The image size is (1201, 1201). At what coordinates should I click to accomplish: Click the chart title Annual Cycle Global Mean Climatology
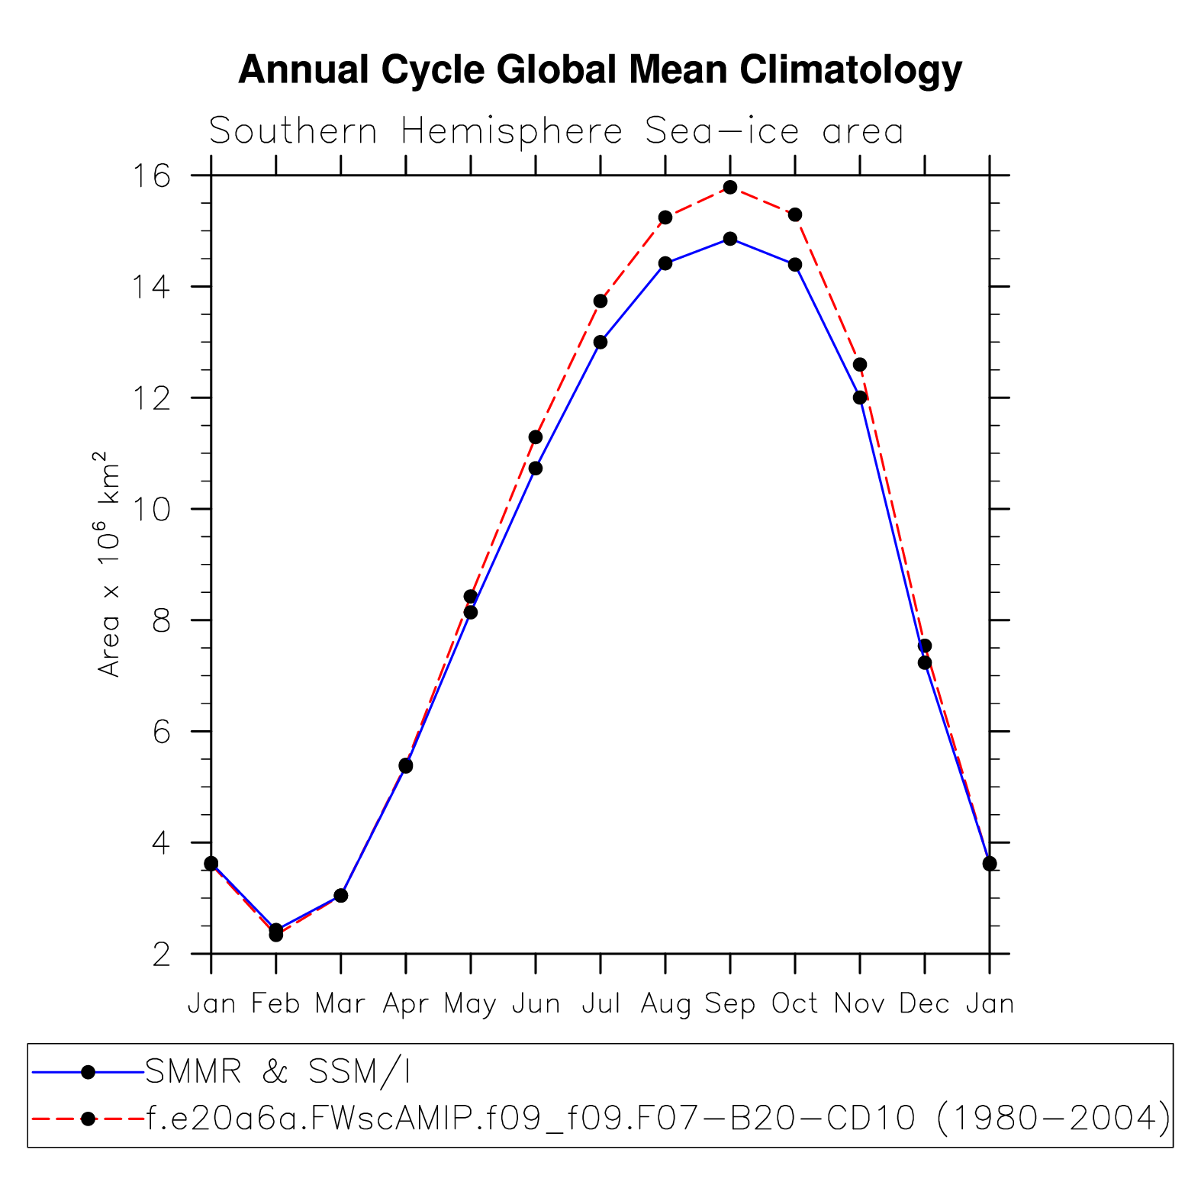pyautogui.click(x=600, y=70)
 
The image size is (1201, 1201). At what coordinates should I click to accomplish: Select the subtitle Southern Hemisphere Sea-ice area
pyautogui.click(x=556, y=131)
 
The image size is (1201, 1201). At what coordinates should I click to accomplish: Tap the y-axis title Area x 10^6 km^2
pyautogui.click(x=109, y=564)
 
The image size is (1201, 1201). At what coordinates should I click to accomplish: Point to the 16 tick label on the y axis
pyautogui.click(x=152, y=176)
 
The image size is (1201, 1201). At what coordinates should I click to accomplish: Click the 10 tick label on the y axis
pyautogui.click(x=152, y=510)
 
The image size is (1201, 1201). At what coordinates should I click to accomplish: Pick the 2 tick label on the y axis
pyautogui.click(x=162, y=955)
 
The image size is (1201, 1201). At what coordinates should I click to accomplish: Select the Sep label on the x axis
pyautogui.click(x=729, y=1004)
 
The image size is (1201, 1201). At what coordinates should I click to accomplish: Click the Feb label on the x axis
pyautogui.click(x=275, y=1004)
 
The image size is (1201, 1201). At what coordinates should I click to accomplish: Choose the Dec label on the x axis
pyautogui.click(x=924, y=1004)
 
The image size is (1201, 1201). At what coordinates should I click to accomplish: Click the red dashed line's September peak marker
pyautogui.click(x=730, y=187)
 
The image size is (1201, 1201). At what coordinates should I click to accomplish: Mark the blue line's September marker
pyautogui.click(x=730, y=239)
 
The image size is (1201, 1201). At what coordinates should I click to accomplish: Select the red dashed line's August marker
pyautogui.click(x=665, y=217)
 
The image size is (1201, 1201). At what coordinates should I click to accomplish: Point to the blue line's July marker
pyautogui.click(x=600, y=342)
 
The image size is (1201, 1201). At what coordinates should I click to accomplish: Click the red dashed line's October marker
pyautogui.click(x=795, y=214)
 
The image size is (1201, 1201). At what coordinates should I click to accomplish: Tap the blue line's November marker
pyautogui.click(x=860, y=398)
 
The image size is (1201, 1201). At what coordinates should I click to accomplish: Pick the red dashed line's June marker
pyautogui.click(x=536, y=437)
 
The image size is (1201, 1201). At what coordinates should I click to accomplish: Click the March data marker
pyautogui.click(x=341, y=895)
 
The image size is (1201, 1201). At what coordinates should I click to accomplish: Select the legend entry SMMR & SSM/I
pyautogui.click(x=278, y=1072)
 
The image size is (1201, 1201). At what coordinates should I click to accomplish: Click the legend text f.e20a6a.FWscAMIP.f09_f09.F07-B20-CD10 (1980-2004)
pyautogui.click(x=657, y=1119)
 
